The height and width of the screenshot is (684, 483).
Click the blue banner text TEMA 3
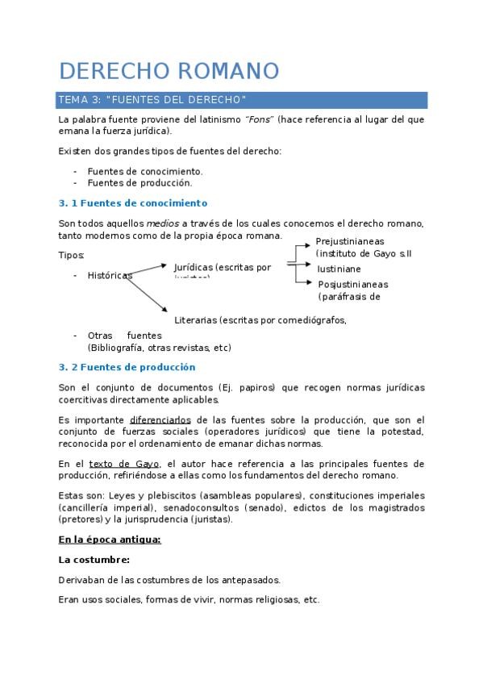click(77, 99)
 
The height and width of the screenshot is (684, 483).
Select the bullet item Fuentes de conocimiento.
click(144, 171)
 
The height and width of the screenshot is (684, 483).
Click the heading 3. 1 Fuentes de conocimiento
click(133, 203)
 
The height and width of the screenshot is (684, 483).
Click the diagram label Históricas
click(110, 275)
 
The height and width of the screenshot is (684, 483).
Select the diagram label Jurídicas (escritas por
click(223, 267)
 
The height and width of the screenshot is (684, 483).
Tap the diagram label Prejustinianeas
click(350, 241)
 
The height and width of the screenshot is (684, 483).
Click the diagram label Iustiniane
click(339, 269)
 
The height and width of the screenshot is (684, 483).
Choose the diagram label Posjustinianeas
click(352, 285)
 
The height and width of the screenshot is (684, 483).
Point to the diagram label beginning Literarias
click(260, 319)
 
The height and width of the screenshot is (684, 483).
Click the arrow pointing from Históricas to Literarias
click(147, 292)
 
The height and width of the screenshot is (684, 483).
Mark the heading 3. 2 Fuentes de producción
click(127, 367)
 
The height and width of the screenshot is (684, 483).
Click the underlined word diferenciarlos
click(160, 420)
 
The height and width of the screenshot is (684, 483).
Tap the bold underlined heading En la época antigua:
click(110, 539)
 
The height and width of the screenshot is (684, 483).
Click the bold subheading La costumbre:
click(94, 559)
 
